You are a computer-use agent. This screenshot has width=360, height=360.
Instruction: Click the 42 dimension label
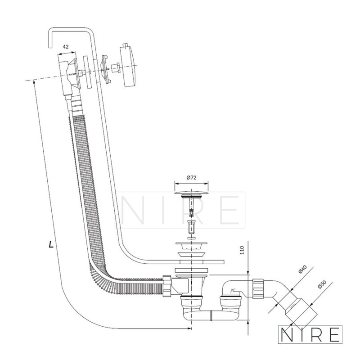click(x=65, y=47)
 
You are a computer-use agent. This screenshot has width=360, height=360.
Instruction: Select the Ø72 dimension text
click(x=192, y=177)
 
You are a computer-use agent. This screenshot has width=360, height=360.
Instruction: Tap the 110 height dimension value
click(x=242, y=250)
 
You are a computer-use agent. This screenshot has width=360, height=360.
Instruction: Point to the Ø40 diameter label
click(x=302, y=269)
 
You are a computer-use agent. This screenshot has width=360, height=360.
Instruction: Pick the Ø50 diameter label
click(x=322, y=284)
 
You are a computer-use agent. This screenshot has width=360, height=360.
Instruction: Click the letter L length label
click(x=51, y=244)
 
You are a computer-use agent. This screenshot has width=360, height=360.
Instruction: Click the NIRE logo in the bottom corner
click(x=310, y=334)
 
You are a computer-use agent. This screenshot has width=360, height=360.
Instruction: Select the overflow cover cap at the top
click(x=128, y=67)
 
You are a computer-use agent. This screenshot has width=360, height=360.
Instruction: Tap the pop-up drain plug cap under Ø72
click(x=192, y=193)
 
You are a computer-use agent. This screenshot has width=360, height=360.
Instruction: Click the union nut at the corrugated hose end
click(x=167, y=286)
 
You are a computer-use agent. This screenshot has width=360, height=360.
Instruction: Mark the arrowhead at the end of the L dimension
click(x=189, y=328)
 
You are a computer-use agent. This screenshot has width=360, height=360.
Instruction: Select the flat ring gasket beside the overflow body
click(x=87, y=72)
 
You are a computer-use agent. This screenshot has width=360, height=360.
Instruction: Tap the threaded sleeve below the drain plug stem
click(x=191, y=227)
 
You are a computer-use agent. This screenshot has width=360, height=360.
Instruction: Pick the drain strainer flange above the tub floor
click(x=191, y=246)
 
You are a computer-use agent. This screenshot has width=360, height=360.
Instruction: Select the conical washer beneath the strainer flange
click(x=191, y=255)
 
